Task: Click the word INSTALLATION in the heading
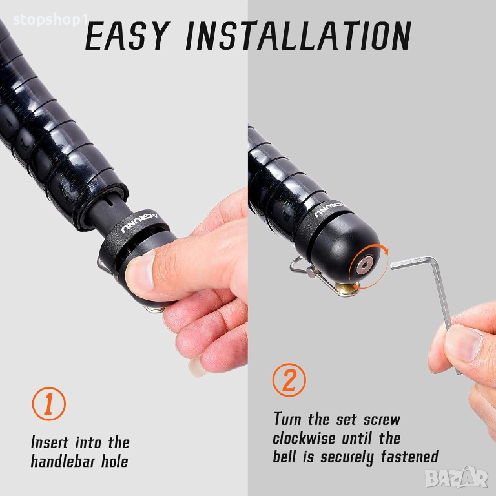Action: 298,36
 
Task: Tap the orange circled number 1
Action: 48,404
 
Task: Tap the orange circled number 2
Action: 289,380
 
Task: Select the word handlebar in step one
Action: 63,461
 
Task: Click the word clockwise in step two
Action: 304,439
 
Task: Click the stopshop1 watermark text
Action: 50,20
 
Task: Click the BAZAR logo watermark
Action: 457,477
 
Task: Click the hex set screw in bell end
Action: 365,265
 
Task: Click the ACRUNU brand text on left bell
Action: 140,223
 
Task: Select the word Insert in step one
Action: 50,442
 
